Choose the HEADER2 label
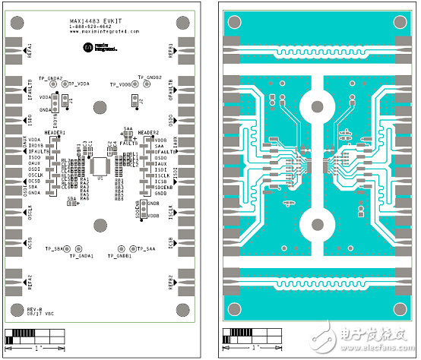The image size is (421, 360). pos(151,132)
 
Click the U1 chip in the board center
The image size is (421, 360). pos(99,165)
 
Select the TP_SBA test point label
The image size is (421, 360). pos(55,249)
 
